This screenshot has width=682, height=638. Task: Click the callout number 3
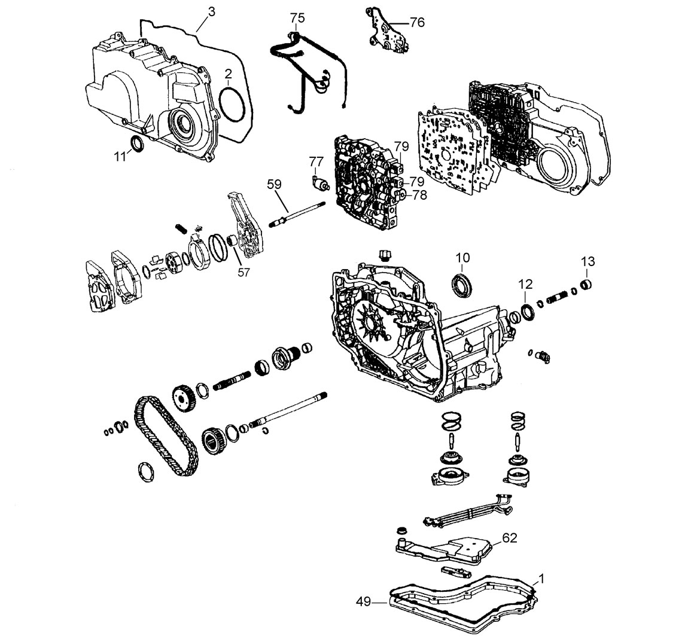(211, 12)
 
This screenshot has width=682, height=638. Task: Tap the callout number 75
(298, 18)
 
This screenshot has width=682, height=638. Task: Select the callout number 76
(417, 22)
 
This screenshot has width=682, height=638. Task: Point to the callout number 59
(275, 184)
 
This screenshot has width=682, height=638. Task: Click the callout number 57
(244, 272)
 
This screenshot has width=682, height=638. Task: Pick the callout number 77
(316, 161)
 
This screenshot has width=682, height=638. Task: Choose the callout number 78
(420, 195)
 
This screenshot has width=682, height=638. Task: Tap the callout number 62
(510, 538)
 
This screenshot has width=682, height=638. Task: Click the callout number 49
(364, 602)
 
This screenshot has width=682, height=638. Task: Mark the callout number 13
(587, 262)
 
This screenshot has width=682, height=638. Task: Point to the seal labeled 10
(462, 286)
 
